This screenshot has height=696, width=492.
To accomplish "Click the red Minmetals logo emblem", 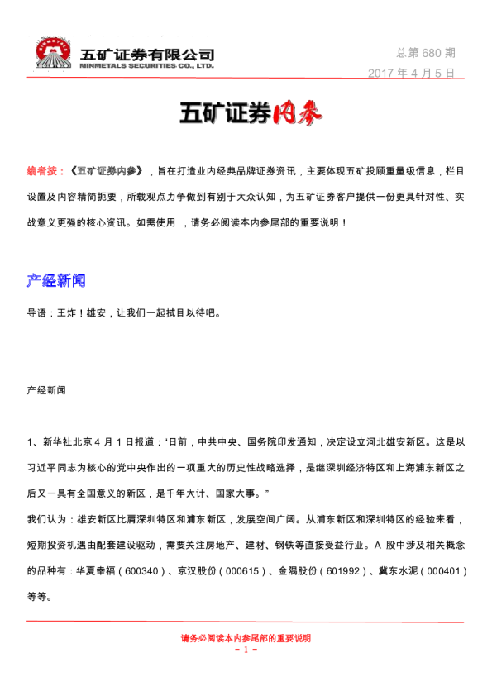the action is [54, 53].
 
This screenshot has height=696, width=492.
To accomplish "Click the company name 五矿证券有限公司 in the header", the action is [147, 54].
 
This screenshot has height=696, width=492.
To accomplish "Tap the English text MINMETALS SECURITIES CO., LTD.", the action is [147, 64].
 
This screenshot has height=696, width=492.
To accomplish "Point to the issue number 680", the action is [433, 53].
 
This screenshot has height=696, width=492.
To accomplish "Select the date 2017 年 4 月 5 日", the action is [412, 73].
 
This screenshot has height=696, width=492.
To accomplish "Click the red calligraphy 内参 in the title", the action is [295, 114].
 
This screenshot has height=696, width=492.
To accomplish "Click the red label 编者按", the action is [41, 171].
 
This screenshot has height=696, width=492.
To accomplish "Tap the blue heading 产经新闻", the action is [56, 281].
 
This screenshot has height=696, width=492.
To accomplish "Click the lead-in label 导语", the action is [37, 313].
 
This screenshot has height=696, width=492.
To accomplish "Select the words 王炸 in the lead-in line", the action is [67, 313].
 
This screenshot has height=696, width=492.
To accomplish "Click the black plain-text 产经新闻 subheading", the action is [46, 388].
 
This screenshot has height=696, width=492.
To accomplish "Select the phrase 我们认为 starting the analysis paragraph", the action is [45, 522].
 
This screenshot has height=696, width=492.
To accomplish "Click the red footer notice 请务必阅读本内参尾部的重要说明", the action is [246, 638].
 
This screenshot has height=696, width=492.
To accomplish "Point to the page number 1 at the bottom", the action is [246, 650].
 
